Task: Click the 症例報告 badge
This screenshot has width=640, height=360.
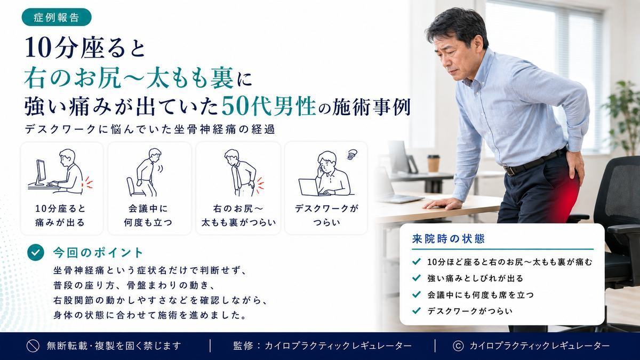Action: pyautogui.click(x=57, y=17)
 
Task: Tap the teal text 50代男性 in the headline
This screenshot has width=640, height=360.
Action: pyautogui.click(x=269, y=107)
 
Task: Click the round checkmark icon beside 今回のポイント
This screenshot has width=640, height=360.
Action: pyautogui.click(x=36, y=253)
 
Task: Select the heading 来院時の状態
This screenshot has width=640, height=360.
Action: pyautogui.click(x=449, y=239)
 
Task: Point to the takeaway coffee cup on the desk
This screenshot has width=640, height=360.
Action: pyautogui.click(x=434, y=163)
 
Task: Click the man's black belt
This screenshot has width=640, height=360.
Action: pyautogui.click(x=534, y=162)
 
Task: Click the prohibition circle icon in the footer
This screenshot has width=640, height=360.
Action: pyautogui.click(x=33, y=346)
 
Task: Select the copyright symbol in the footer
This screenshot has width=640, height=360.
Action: pyautogui.click(x=458, y=346)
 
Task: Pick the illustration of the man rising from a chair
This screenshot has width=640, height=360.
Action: pyautogui.click(x=145, y=172)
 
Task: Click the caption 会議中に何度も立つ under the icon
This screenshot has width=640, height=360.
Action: pyautogui.click(x=148, y=215)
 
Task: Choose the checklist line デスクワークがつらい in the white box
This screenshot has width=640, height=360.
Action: pyautogui.click(x=470, y=311)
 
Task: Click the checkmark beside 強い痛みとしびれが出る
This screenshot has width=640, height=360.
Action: pyautogui.click(x=417, y=278)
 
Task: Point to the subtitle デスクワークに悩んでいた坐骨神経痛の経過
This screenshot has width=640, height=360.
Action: pyautogui.click(x=150, y=130)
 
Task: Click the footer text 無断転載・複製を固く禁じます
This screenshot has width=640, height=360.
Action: pyautogui.click(x=114, y=346)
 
